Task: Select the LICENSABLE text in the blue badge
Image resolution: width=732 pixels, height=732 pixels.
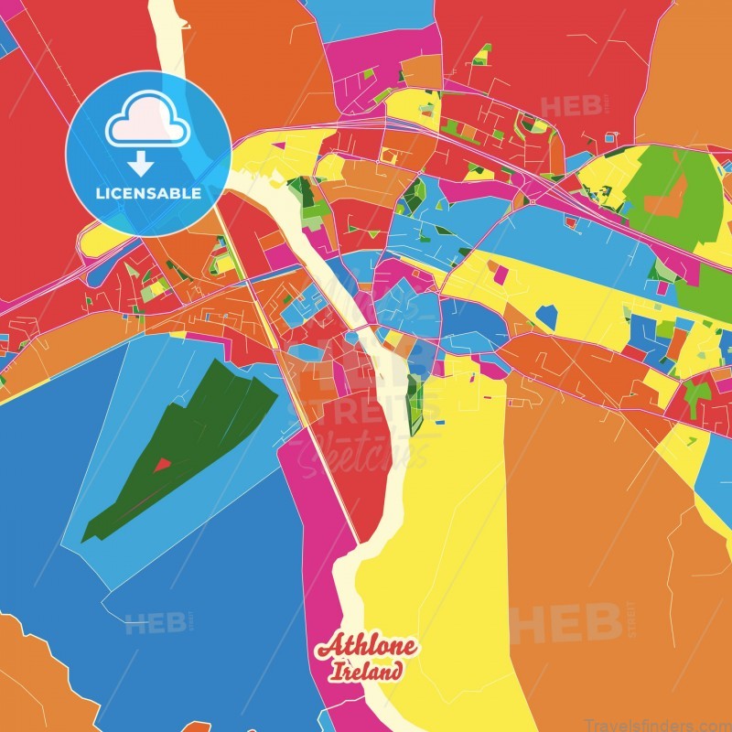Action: (147, 194)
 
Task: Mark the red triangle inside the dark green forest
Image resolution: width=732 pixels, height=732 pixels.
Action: (162, 465)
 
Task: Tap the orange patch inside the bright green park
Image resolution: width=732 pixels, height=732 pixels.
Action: (667, 197)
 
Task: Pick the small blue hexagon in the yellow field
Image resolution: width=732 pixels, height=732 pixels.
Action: (546, 316)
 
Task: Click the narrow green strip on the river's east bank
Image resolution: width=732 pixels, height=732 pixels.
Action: (414, 403)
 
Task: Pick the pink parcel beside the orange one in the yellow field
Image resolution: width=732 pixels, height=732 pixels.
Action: (501, 273)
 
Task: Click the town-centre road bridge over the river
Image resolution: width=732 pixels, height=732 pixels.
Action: (360, 326)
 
